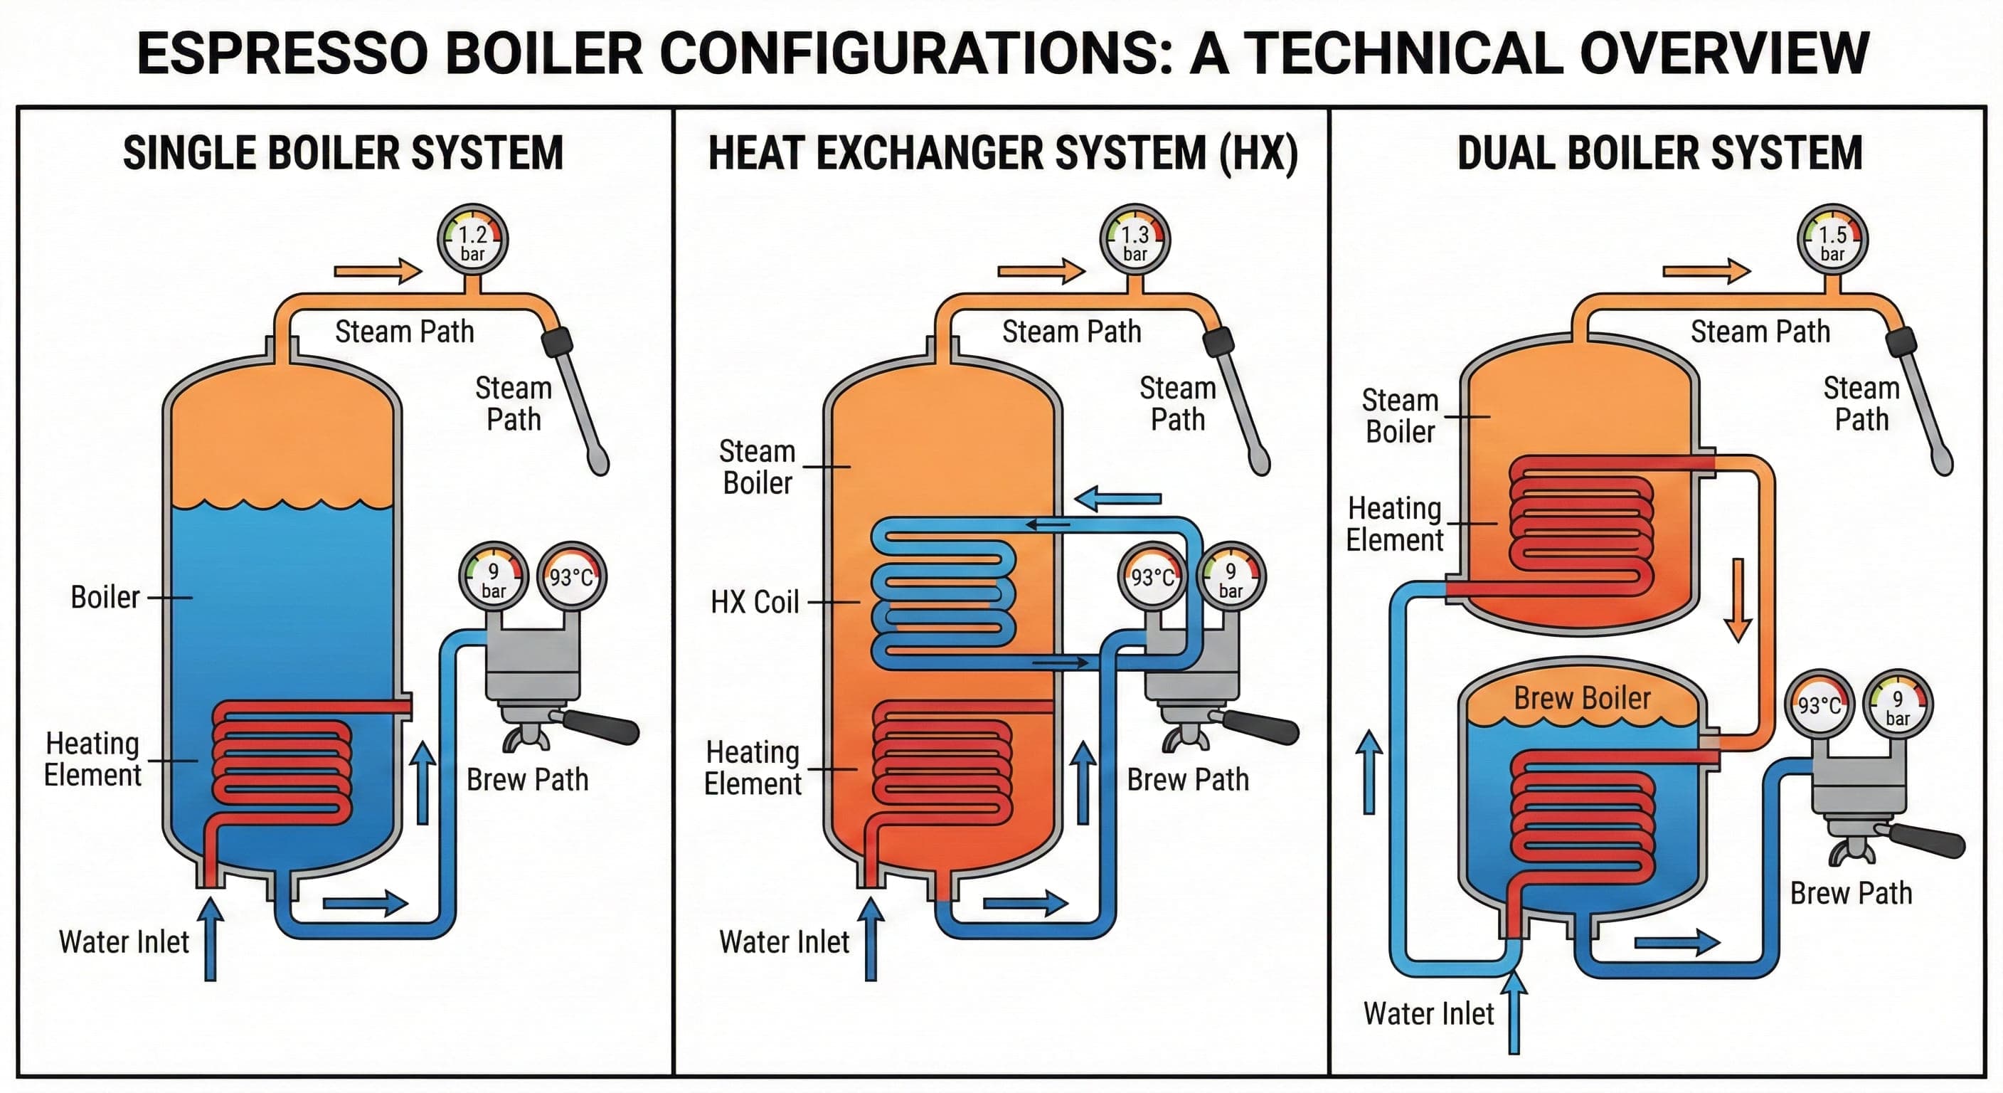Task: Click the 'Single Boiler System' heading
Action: [343, 152]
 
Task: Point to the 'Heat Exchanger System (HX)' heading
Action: [1002, 152]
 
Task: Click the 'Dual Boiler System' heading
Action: [1659, 152]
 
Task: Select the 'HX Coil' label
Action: [754, 602]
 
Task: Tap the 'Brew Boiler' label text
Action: [1582, 698]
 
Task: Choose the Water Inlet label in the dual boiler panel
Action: [1428, 1013]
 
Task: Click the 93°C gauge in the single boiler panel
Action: [571, 577]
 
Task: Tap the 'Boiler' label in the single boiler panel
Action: [105, 598]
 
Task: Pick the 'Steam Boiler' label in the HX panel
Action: [757, 467]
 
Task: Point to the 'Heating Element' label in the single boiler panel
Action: [92, 759]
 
